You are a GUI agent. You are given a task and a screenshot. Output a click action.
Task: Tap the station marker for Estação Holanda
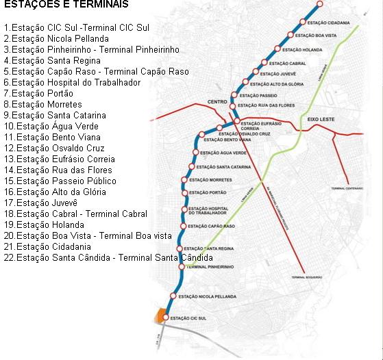[277, 49]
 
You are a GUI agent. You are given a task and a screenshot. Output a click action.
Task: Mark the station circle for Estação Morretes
[184, 180]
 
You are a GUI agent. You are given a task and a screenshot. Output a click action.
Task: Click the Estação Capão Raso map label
[211, 226]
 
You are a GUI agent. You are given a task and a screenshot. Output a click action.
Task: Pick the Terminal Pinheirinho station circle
[181, 267]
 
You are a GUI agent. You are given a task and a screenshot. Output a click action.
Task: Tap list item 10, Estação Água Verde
[51, 127]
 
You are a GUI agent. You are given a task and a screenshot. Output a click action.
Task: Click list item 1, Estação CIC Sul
[76, 28]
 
